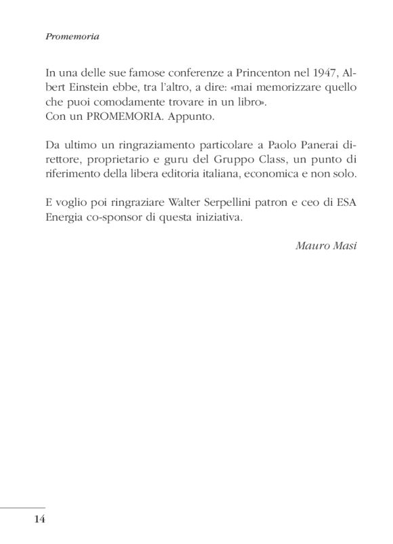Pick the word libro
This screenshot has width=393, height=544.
253,104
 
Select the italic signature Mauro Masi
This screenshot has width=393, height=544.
327,243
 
